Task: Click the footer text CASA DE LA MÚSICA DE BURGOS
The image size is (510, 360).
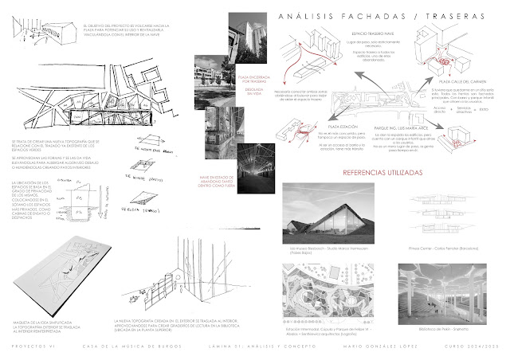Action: (132, 347)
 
